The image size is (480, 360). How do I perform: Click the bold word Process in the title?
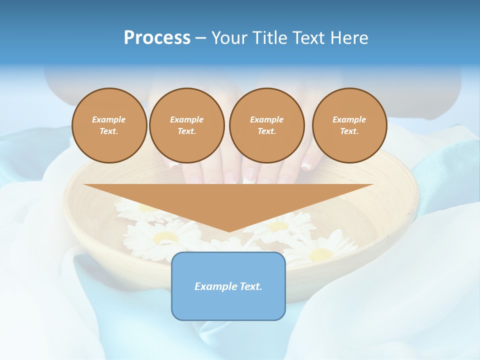coord(157,38)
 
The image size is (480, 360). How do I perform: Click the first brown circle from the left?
coord(109,125)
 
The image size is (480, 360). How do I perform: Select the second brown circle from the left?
coord(186,125)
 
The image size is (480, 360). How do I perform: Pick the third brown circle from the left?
coord(266,125)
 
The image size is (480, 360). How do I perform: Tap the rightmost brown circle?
coord(349,125)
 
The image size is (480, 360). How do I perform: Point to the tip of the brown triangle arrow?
coord(229,231)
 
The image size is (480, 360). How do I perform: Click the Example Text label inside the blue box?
coord(228,286)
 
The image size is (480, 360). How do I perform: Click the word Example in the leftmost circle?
coord(109,119)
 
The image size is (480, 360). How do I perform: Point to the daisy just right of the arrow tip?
coord(280,225)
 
